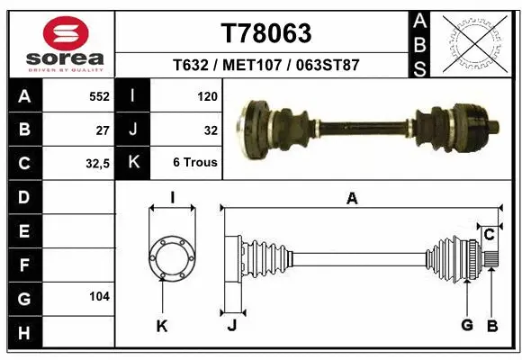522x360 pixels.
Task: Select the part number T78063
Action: click(x=266, y=32)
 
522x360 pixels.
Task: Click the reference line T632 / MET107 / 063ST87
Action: click(x=265, y=65)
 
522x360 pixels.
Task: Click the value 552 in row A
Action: click(x=99, y=95)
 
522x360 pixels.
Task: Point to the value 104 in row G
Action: click(x=99, y=296)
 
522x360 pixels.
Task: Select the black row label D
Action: click(x=23, y=197)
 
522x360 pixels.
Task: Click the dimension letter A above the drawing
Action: click(x=352, y=199)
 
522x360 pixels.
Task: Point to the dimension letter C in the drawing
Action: click(x=489, y=236)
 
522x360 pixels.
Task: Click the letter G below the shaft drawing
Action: click(x=466, y=325)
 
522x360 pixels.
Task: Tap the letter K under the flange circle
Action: click(x=162, y=326)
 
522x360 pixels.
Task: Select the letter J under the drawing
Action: click(x=231, y=326)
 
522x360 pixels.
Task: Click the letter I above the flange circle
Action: click(x=171, y=198)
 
